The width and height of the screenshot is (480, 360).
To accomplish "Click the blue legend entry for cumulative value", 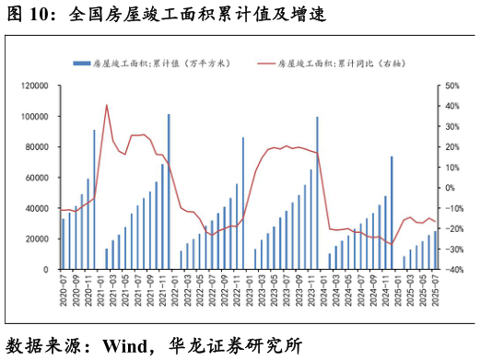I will click(152, 63).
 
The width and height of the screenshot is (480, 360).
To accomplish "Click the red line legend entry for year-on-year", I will click(341, 63).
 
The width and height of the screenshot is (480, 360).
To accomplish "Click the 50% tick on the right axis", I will click(451, 86).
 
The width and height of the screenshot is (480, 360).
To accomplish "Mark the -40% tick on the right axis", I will click(450, 270).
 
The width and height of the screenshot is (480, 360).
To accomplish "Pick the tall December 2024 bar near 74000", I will click(392, 213).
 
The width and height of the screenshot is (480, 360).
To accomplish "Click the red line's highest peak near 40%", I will click(107, 105).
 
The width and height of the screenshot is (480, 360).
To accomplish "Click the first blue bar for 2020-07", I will click(64, 244).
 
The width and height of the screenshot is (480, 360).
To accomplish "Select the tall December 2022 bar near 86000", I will click(243, 203).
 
